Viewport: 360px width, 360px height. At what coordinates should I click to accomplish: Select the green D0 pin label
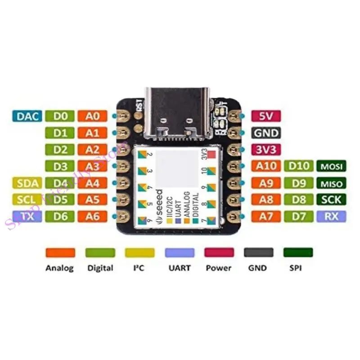click(60, 116)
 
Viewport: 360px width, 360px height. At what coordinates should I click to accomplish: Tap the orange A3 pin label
click(92, 166)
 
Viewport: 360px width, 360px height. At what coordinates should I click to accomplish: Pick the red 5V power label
click(265, 116)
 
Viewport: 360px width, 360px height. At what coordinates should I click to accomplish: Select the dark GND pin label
click(265, 133)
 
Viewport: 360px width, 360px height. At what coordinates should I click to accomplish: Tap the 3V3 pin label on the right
click(265, 149)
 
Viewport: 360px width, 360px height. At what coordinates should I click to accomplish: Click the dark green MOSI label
click(332, 166)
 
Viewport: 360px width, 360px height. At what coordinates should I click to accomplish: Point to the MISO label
click(332, 183)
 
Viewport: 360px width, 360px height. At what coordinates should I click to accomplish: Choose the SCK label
click(332, 199)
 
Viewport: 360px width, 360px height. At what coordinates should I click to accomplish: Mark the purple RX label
click(332, 216)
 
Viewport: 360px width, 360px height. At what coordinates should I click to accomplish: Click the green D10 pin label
click(299, 166)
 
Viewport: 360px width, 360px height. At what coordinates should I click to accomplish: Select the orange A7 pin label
click(265, 216)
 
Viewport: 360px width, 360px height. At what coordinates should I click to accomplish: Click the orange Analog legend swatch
click(60, 252)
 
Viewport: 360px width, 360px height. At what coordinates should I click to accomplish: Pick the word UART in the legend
click(179, 268)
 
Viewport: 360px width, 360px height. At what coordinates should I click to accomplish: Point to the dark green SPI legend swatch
click(297, 252)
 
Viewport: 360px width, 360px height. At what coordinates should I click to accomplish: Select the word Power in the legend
click(219, 268)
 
